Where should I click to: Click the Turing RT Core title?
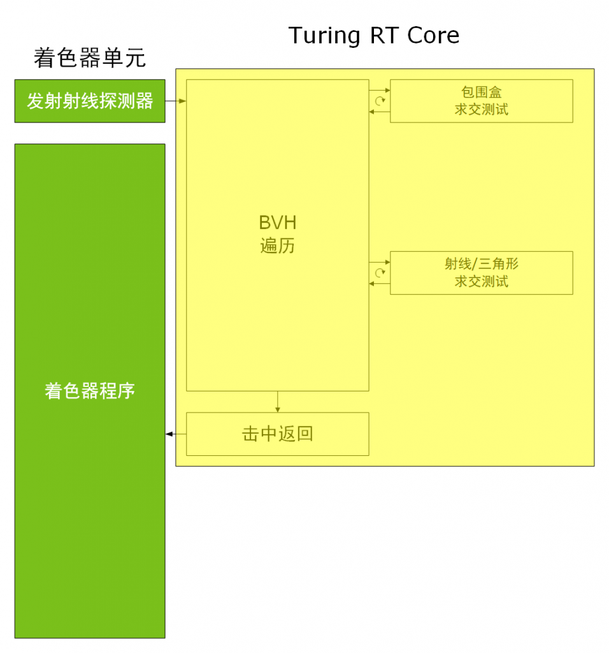373,36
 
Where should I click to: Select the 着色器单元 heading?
90,57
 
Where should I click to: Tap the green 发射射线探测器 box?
90,101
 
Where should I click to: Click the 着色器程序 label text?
90,391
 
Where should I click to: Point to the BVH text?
278,223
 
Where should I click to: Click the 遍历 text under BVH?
278,246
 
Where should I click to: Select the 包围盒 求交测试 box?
482,101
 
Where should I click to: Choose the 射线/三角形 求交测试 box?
482,273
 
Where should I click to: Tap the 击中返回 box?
278,434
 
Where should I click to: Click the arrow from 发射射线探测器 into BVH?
176,101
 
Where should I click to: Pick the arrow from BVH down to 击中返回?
278,402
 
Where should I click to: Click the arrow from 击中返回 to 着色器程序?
176,434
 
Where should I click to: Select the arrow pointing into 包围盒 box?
380,90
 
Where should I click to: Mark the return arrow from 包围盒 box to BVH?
380,112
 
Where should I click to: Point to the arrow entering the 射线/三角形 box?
380,262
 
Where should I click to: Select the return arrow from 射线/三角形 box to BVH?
380,284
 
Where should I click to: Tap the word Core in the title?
433,36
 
